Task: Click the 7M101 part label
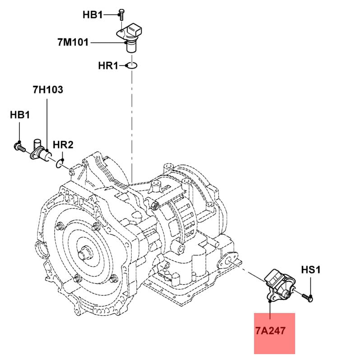[x=73, y=42]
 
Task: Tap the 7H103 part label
[x=48, y=89]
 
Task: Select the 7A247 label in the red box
[x=270, y=331]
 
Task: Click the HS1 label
[x=311, y=269]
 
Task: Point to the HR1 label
[x=108, y=65]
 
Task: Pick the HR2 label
[x=63, y=145]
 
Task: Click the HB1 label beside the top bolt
[x=93, y=15]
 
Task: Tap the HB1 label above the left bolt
[x=20, y=115]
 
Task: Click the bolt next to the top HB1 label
[x=122, y=15]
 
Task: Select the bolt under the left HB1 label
[x=19, y=147]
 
